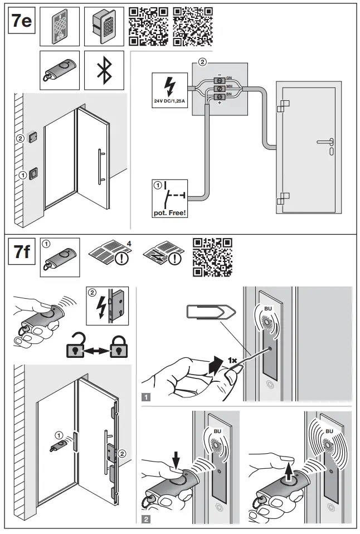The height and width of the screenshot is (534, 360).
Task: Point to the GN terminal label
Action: point(229,78)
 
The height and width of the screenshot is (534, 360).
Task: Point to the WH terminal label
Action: point(229,88)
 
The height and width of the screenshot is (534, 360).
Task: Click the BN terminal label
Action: point(229,96)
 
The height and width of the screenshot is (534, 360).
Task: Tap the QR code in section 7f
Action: point(212,257)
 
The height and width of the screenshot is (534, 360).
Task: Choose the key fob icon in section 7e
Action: point(60,70)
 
